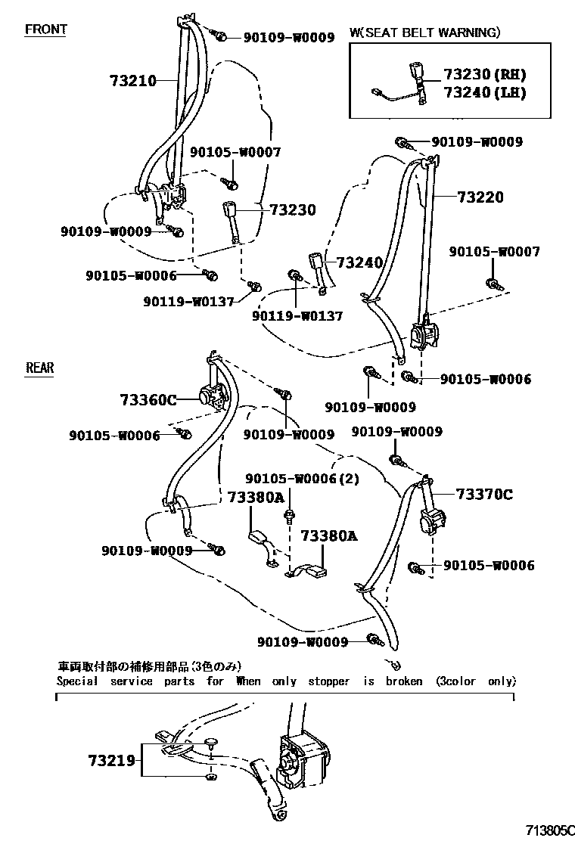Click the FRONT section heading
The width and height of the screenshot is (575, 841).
(46, 29)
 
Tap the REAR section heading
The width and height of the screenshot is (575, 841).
(40, 368)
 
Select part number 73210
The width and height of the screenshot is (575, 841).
(132, 81)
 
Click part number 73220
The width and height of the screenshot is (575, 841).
(480, 197)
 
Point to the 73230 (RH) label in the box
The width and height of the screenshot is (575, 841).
(484, 75)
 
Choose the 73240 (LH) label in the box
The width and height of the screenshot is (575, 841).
(484, 92)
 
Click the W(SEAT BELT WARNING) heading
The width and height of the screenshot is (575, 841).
(424, 33)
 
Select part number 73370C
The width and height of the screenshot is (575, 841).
(483, 495)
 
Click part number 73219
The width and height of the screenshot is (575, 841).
(111, 759)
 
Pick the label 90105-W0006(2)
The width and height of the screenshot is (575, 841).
(302, 479)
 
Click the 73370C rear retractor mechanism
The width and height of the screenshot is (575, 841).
(432, 521)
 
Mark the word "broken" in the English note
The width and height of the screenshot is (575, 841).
(404, 681)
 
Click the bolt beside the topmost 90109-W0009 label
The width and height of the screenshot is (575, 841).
(222, 36)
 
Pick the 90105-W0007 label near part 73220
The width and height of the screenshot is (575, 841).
(495, 252)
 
